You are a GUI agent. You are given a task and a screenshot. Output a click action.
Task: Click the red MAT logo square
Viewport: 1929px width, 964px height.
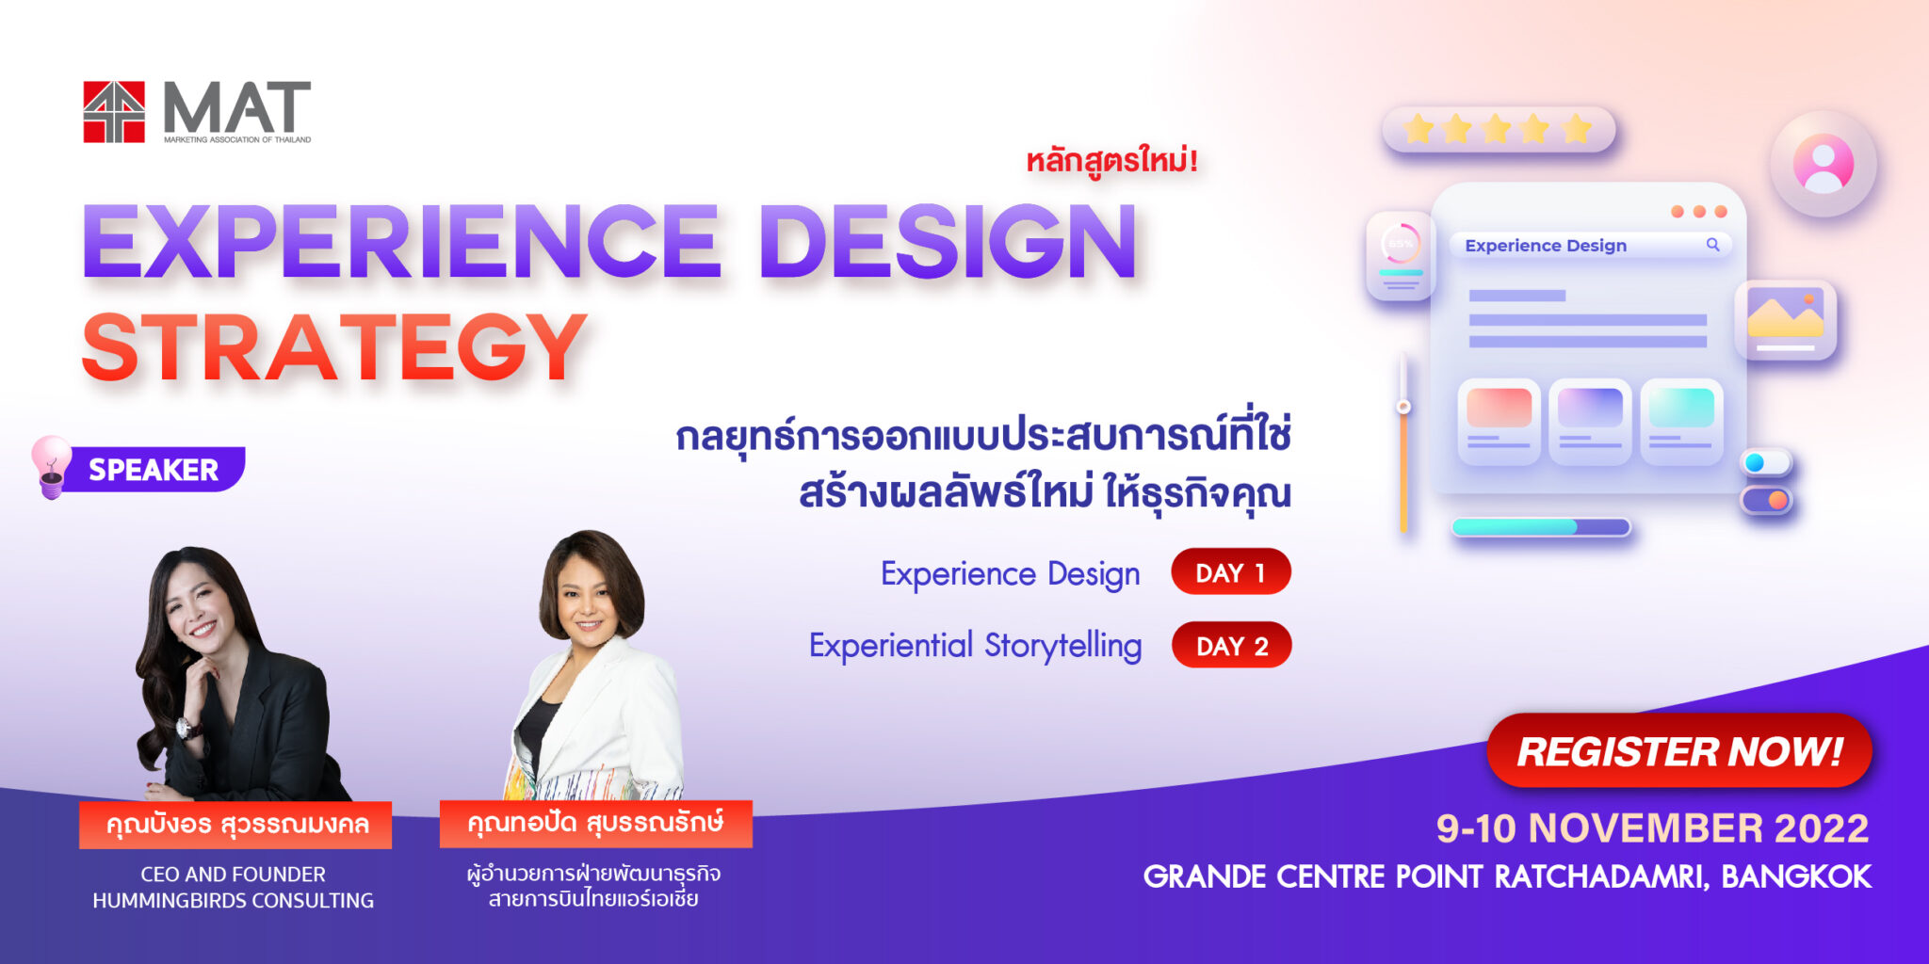pos(114,112)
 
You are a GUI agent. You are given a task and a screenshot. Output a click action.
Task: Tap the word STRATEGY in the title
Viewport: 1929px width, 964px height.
pos(335,348)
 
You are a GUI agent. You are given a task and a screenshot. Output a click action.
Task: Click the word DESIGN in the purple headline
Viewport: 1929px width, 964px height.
pos(948,242)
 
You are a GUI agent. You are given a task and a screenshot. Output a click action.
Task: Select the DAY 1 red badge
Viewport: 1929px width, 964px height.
pos(1230,572)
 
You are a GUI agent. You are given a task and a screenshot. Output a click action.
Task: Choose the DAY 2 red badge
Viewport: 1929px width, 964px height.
pos(1231,646)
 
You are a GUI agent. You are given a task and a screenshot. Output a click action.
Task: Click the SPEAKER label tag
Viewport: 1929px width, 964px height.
pos(154,469)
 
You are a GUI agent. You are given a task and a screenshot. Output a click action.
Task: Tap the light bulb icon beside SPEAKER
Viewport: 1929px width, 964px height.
pos(51,465)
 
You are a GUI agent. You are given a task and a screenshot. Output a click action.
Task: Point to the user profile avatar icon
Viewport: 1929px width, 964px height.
pos(1823,164)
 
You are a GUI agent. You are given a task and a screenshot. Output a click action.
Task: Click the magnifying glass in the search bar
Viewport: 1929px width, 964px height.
pos(1712,245)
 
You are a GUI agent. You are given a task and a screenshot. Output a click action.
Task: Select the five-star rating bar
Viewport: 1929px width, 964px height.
pos(1498,129)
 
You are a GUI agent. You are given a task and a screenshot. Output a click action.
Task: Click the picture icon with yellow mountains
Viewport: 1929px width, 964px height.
pos(1785,318)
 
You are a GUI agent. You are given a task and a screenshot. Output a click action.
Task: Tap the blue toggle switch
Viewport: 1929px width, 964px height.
pos(1765,462)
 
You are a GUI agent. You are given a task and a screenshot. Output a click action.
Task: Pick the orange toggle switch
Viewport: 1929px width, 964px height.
pos(1766,500)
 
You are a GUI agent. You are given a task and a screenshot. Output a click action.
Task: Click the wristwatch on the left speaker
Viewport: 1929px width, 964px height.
pos(188,727)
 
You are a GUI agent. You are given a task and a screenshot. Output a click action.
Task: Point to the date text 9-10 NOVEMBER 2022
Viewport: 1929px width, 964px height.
pos(1652,828)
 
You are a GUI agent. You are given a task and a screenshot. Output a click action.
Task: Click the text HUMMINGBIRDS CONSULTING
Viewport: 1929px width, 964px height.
pos(233,901)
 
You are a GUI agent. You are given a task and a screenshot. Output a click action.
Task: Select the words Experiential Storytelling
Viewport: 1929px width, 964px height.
pos(975,646)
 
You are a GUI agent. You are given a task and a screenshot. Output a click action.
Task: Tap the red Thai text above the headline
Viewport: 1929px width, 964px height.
pos(1111,161)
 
